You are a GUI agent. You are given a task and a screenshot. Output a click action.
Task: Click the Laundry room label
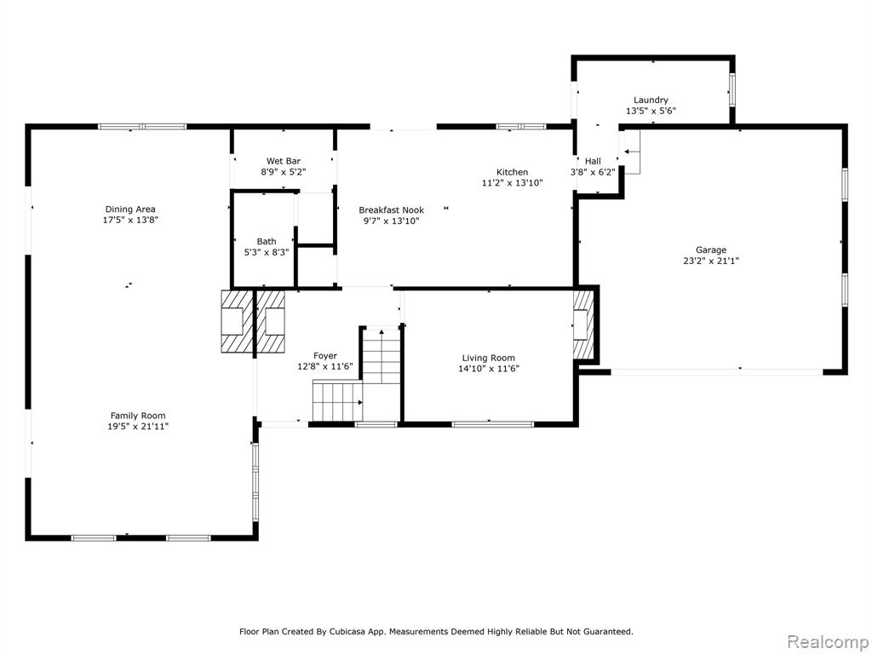(x=651, y=100)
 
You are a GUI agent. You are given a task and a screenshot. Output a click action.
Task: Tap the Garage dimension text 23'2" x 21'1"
(x=711, y=261)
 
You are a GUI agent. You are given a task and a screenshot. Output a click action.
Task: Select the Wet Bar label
(x=283, y=161)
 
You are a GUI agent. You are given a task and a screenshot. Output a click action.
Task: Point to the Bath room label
(x=267, y=241)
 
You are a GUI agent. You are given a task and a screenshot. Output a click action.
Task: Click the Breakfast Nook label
(x=391, y=210)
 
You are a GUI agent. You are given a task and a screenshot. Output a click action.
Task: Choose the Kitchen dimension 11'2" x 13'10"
(x=512, y=182)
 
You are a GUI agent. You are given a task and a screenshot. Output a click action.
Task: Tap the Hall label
(x=593, y=161)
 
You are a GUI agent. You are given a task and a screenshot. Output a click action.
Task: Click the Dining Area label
(x=130, y=209)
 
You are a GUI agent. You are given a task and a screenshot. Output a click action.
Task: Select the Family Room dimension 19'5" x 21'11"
(x=138, y=427)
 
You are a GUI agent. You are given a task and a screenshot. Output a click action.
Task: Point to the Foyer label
(x=324, y=356)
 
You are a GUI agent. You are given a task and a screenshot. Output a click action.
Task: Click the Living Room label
(x=488, y=359)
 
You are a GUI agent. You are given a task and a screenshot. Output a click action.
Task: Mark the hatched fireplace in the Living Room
(x=583, y=324)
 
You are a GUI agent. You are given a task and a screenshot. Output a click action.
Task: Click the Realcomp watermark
(x=828, y=642)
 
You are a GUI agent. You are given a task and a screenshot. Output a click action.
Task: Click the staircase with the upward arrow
(x=381, y=357)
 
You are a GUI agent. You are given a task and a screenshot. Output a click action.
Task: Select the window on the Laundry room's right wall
(x=731, y=89)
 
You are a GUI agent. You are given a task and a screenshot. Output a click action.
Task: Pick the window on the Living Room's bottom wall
(x=493, y=424)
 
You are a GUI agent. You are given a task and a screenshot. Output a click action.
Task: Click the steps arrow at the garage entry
(x=631, y=152)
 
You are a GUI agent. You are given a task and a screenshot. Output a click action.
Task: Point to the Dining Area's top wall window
(x=142, y=126)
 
